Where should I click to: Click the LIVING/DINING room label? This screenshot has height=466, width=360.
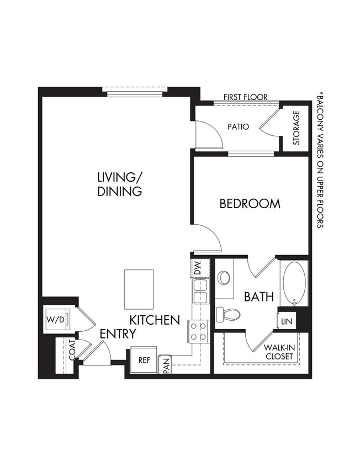[x=120, y=184]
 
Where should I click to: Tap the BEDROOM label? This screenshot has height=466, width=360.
[x=250, y=204]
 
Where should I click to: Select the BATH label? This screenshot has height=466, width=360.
[x=259, y=297]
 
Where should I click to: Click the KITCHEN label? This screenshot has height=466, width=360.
[x=155, y=320]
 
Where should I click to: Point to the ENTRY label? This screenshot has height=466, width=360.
[x=118, y=334]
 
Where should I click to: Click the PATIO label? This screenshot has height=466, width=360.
[x=238, y=126]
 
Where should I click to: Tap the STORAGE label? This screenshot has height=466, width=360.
[x=296, y=128]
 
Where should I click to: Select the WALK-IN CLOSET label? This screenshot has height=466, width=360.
[x=278, y=352]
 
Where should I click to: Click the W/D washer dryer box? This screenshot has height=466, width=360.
[x=55, y=320]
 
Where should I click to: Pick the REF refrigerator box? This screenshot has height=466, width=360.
[x=144, y=360]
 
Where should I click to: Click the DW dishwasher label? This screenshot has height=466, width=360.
[x=197, y=268]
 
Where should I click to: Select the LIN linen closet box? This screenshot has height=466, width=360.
[x=286, y=321]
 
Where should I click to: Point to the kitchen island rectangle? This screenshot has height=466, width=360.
[x=139, y=289]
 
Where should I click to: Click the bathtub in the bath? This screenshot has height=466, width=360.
[x=294, y=283]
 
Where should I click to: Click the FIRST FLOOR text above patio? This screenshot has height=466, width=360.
[x=245, y=97]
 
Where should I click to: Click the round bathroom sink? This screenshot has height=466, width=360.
[x=224, y=277]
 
